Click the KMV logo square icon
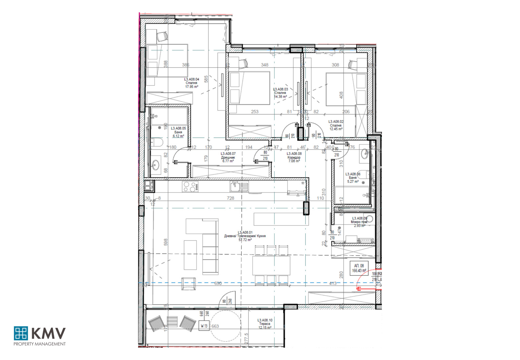click(21, 333)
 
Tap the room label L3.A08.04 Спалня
click(191, 83)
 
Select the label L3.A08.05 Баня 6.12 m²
click(178, 132)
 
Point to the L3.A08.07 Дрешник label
click(228, 157)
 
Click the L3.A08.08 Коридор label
click(294, 157)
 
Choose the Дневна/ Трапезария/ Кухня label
click(245, 236)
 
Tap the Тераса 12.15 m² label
click(265, 324)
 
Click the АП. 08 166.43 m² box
click(359, 268)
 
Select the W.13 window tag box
click(204, 326)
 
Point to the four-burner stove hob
click(190, 187)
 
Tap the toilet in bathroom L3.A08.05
click(157, 142)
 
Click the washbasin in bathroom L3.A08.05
click(156, 165)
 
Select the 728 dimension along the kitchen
click(230, 198)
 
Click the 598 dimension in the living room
click(166, 242)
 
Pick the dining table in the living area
click(271, 265)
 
